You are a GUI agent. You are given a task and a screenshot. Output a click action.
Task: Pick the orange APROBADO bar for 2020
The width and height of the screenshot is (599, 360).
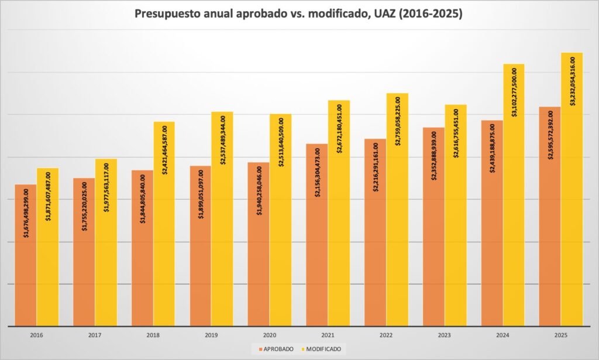click(259, 269)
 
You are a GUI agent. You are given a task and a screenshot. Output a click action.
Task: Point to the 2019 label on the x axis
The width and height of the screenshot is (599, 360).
click(212, 335)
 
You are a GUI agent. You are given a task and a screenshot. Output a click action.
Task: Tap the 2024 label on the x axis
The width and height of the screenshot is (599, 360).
click(503, 335)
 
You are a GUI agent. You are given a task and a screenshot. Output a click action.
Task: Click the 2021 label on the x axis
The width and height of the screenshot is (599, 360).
click(328, 335)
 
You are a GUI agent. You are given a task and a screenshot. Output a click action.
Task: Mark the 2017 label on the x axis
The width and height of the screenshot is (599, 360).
click(95, 335)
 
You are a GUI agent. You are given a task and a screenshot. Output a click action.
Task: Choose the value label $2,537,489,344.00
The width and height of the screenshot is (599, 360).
click(223, 139)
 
